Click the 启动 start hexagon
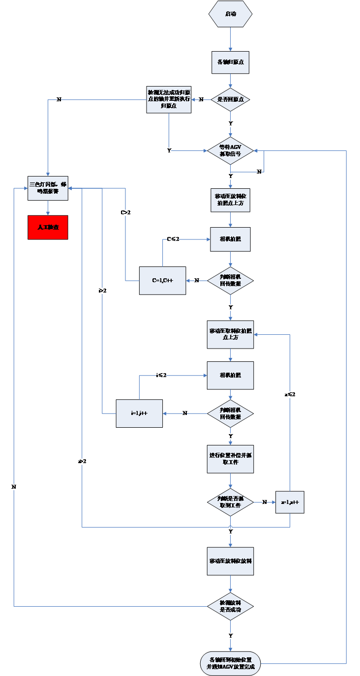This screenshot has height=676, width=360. tap(230, 14)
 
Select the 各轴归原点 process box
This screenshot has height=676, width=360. tap(230, 62)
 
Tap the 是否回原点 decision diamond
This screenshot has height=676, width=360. tap(230, 99)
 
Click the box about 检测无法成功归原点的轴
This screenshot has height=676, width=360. tap(169, 99)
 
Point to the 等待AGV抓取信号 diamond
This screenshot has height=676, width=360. tap(230, 150)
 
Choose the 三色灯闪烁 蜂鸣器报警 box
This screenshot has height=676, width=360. tap(48, 188)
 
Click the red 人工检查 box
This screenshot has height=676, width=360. tap(48, 227)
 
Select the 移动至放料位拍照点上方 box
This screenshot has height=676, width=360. tap(230, 200)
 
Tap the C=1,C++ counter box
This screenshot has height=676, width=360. tap(162, 280)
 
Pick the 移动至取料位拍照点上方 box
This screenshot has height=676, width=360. tap(230, 334)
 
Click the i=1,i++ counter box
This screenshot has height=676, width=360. tap(139, 413)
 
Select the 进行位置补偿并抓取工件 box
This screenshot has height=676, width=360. tap(230, 459)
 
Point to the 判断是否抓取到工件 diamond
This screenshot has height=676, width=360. tap(230, 502)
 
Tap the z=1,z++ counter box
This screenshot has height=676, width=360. tap(290, 502)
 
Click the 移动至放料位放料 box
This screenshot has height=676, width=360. tap(230, 561)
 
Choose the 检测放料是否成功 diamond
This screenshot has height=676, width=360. tap(230, 606)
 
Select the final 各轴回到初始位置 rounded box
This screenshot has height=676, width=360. tap(230, 663)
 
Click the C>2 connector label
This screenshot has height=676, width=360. tap(125, 213)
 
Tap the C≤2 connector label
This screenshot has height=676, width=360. tap(173, 239)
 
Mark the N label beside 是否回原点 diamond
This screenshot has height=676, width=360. tap(201, 100)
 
